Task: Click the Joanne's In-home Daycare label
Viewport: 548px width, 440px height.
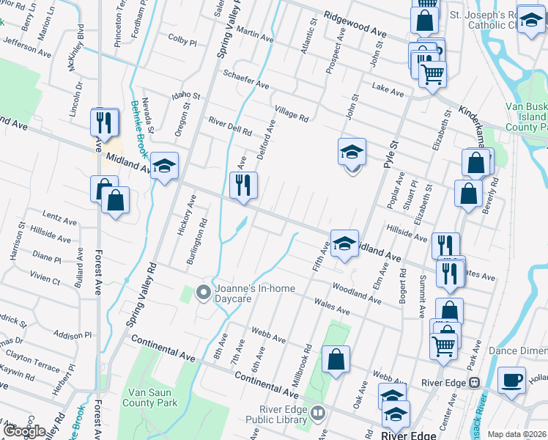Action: click(254, 293)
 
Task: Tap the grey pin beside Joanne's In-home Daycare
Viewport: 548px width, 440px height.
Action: click(204, 293)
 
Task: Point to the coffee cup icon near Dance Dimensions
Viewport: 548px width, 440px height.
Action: click(511, 380)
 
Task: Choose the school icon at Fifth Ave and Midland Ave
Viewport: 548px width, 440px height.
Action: click(344, 243)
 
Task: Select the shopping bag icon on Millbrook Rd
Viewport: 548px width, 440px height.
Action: click(336, 359)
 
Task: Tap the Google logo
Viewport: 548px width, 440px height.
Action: click(25, 431)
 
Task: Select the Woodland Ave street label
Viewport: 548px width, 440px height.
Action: click(356, 294)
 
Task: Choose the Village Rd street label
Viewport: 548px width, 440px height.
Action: click(292, 113)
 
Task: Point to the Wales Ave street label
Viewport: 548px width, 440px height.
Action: click(331, 307)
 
